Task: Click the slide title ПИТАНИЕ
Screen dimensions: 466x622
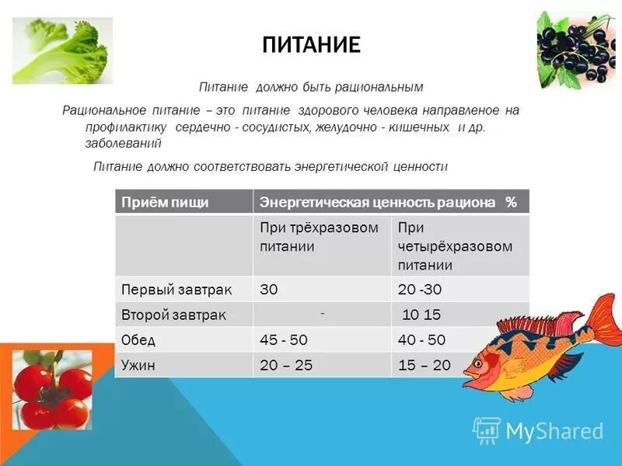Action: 311,44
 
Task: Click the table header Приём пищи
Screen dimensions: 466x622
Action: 165,202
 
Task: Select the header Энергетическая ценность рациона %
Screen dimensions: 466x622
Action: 388,202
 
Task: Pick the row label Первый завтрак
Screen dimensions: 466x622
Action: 177,289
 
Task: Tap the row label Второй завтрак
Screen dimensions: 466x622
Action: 174,315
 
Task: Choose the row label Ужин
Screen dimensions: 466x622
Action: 140,364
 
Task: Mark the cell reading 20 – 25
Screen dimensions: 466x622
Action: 286,364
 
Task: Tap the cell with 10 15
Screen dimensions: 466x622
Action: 421,315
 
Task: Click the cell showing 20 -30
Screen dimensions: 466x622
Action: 420,289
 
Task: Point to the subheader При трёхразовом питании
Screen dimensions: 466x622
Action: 320,237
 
